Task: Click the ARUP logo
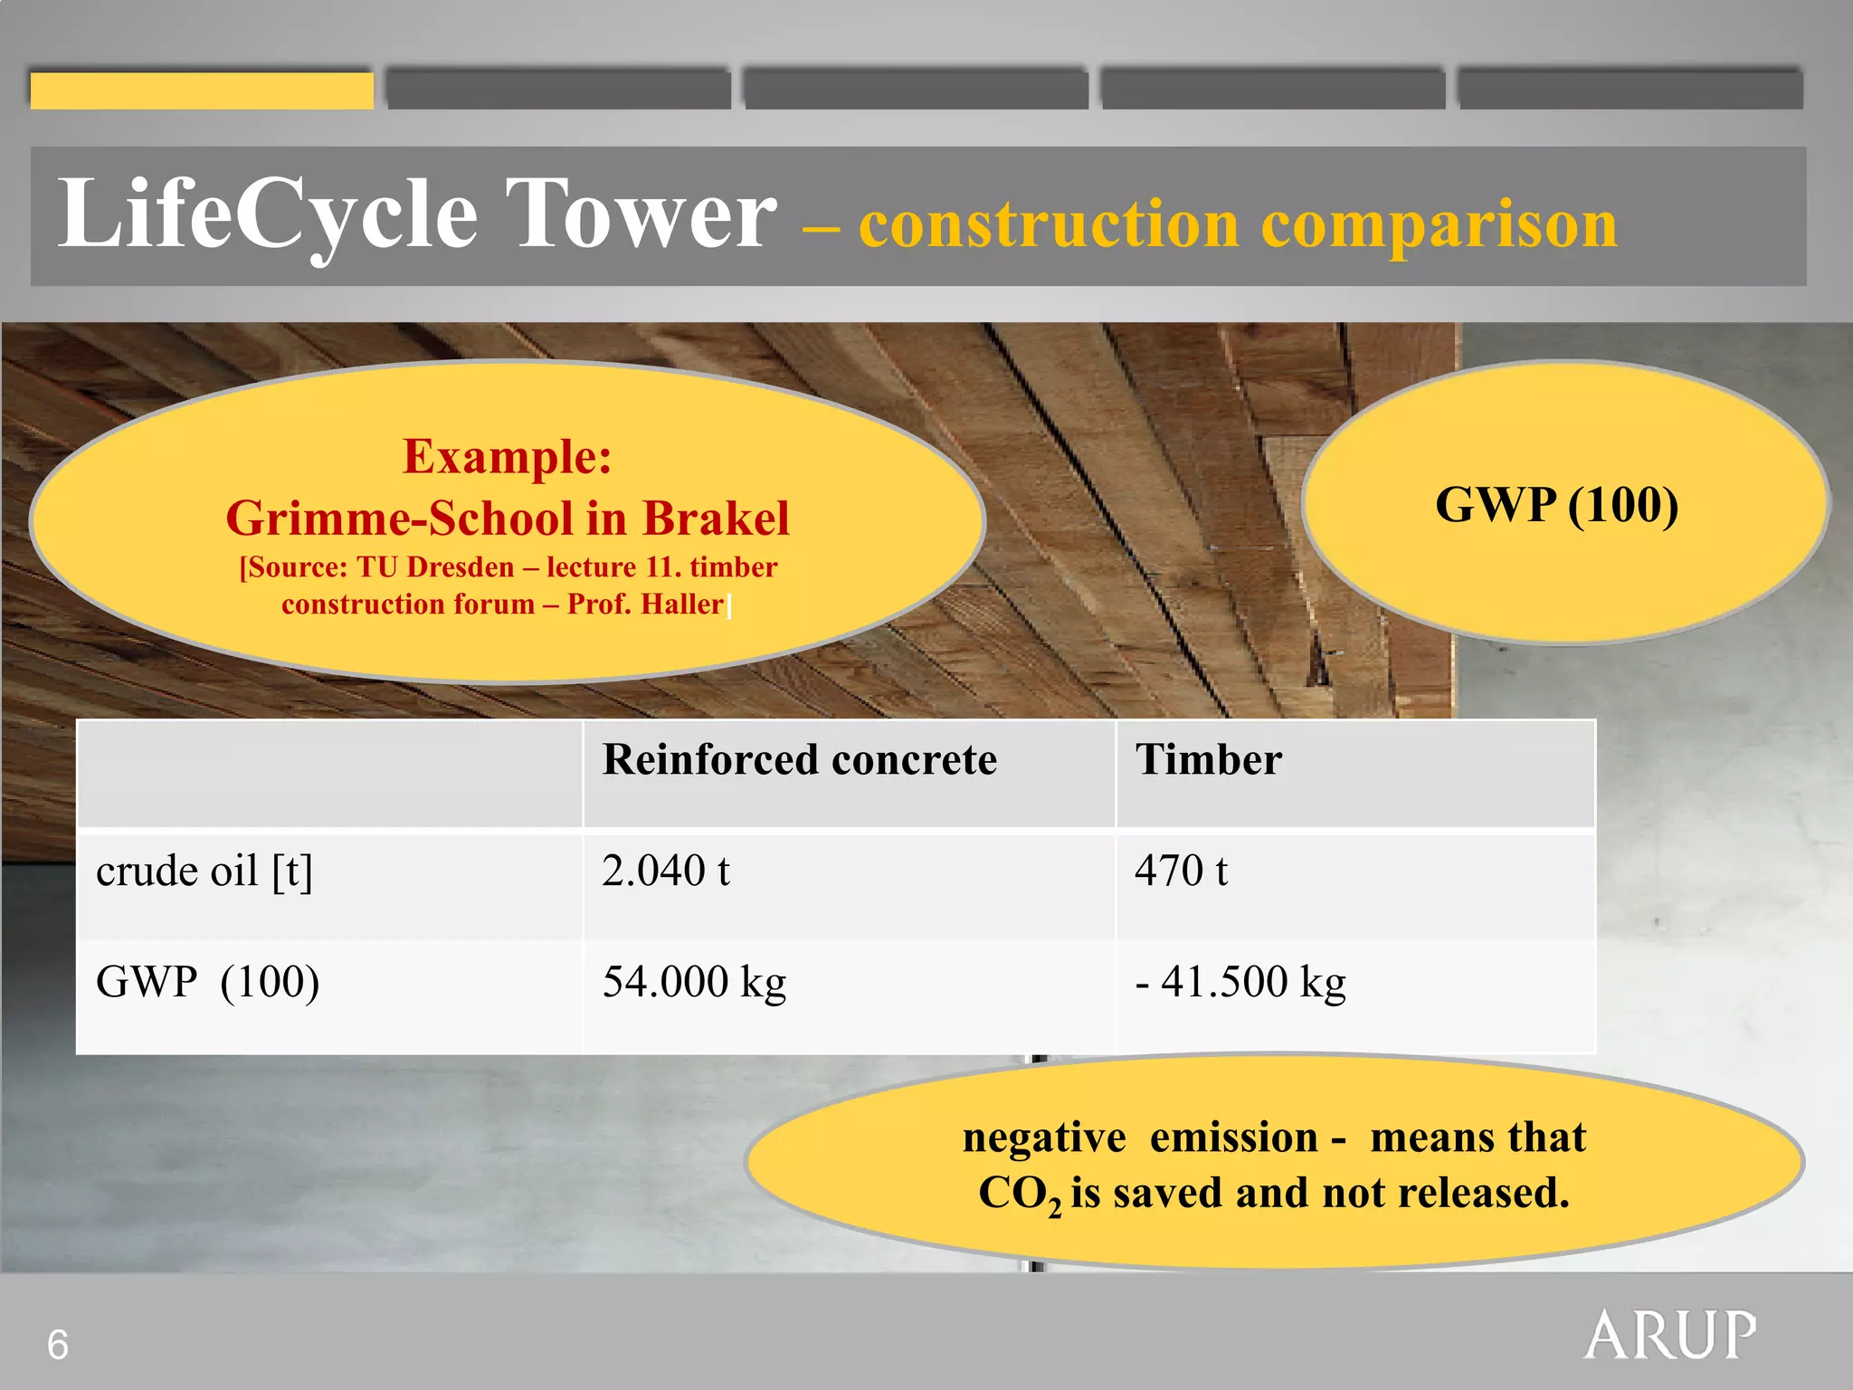[x=1669, y=1336]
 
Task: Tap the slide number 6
[x=57, y=1345]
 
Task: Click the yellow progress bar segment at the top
[x=202, y=90]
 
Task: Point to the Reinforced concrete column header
[x=799, y=759]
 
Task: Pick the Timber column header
[x=1208, y=759]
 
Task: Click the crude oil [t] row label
[x=204, y=871]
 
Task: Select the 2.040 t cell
[x=666, y=871]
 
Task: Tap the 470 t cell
[x=1181, y=871]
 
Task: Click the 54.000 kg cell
[x=694, y=982]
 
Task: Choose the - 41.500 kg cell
[x=1240, y=982]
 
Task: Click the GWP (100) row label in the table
[x=207, y=982]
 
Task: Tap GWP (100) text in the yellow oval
[x=1556, y=504]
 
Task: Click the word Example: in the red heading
[x=507, y=456]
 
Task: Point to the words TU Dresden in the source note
[x=435, y=567]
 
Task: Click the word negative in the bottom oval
[x=1043, y=1137]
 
